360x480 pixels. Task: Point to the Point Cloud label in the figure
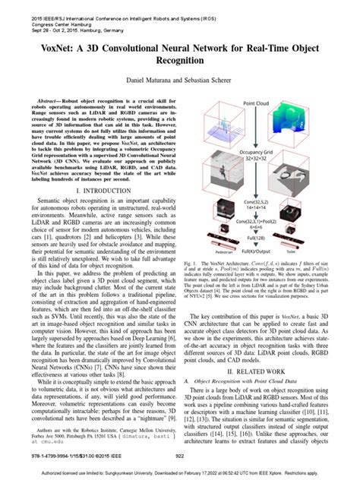(258, 102)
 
